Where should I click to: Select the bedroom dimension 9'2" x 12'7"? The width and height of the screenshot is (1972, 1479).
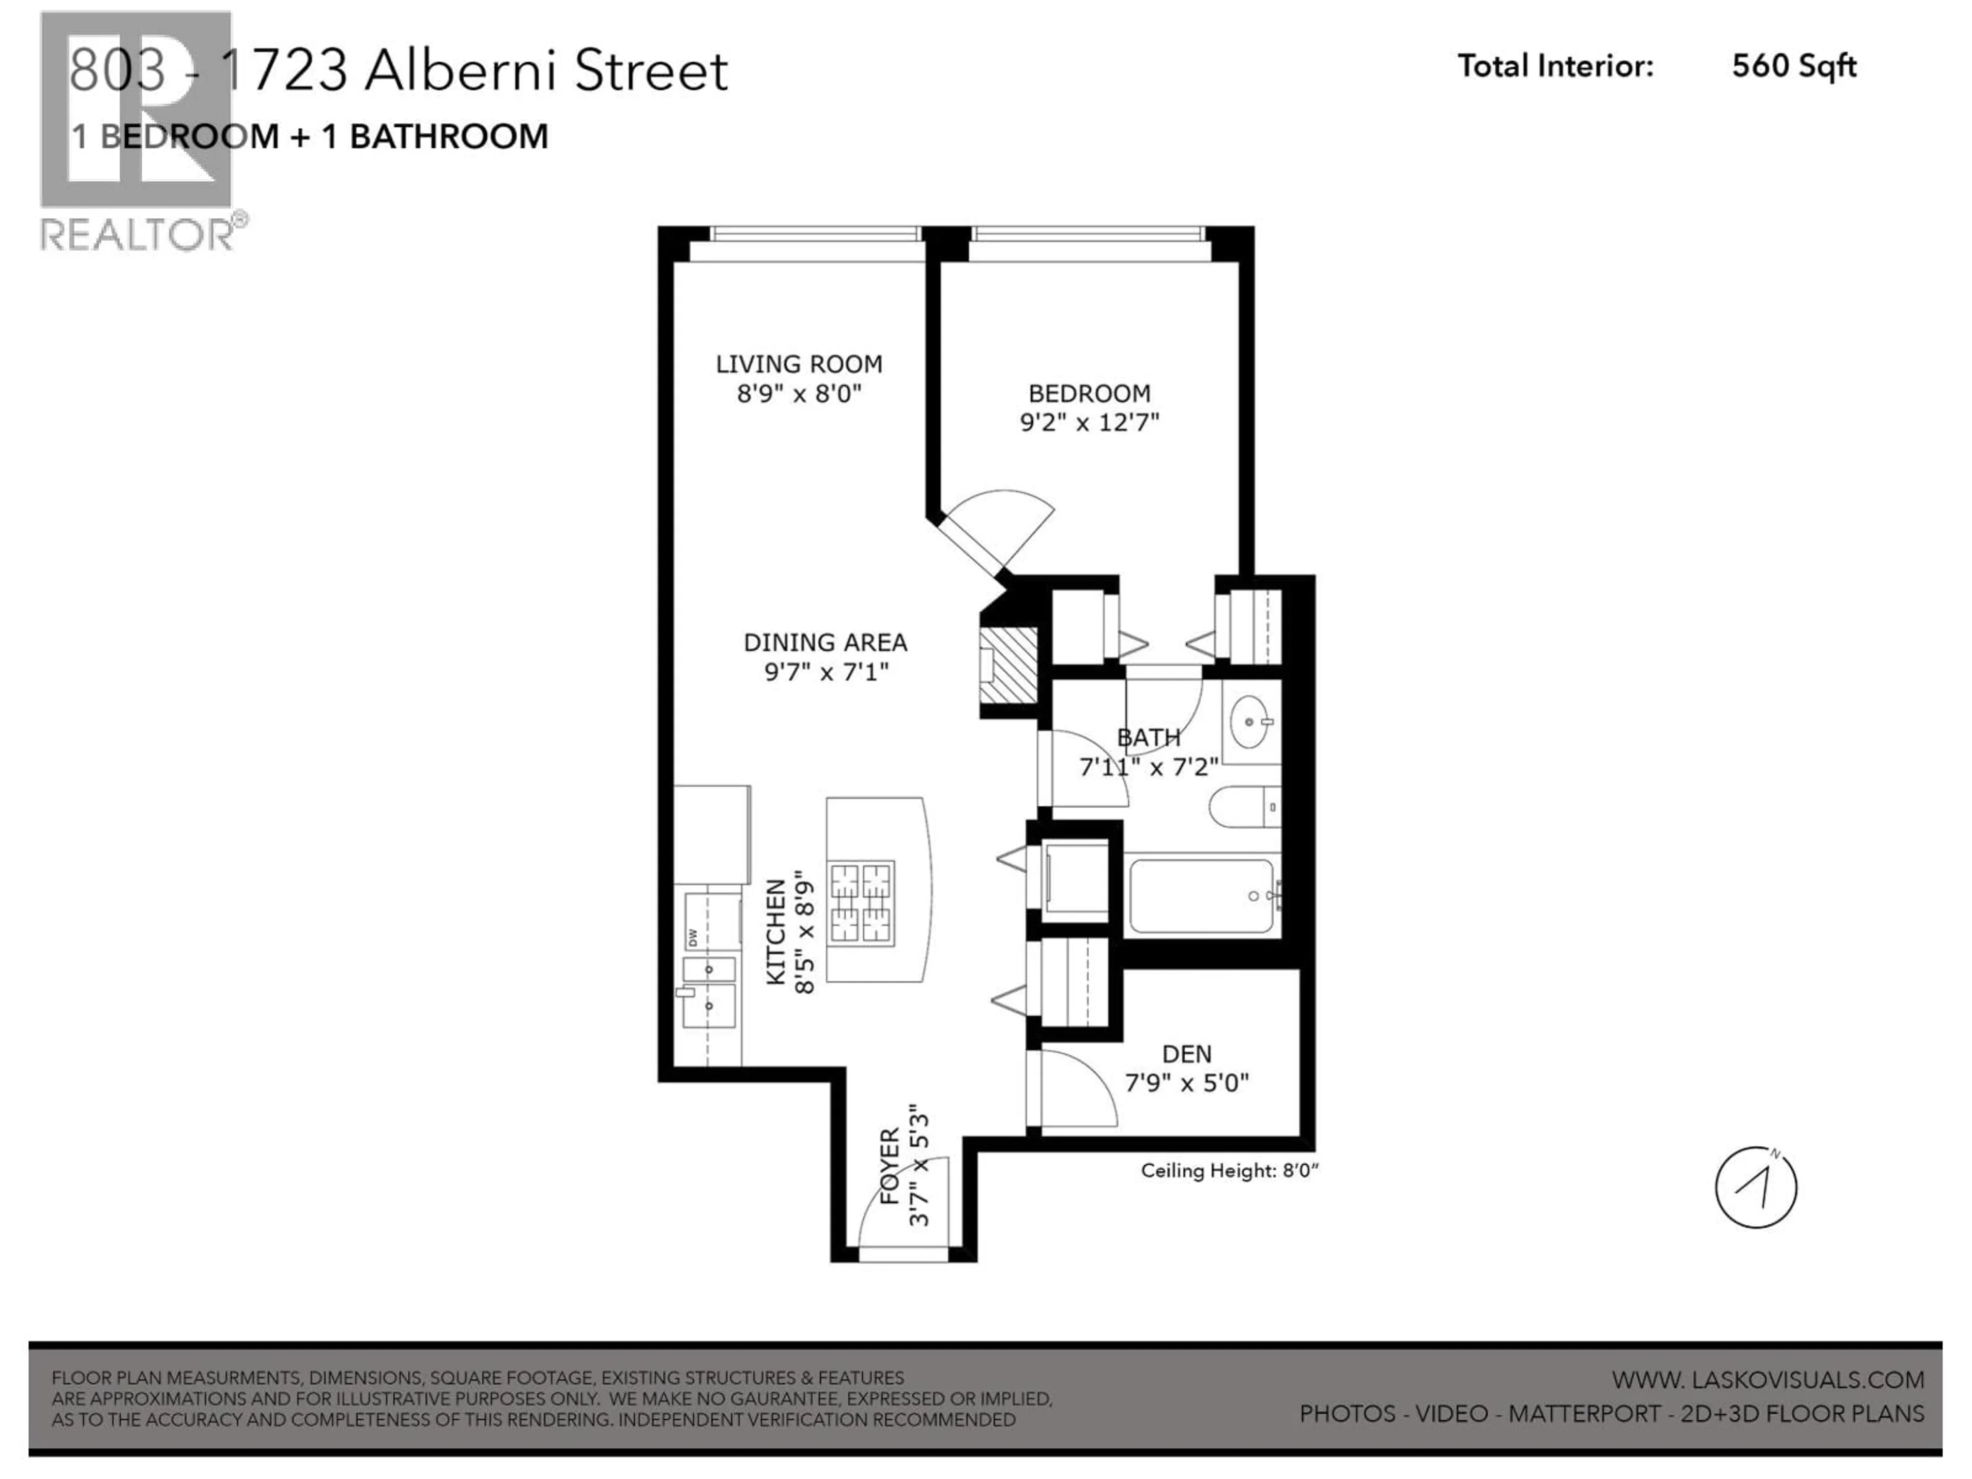click(x=1089, y=422)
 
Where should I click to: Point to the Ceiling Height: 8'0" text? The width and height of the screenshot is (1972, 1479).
click(x=1228, y=1170)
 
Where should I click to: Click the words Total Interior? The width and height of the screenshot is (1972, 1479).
click(x=1555, y=66)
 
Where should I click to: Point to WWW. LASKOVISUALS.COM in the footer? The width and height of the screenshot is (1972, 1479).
click(x=1767, y=1379)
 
